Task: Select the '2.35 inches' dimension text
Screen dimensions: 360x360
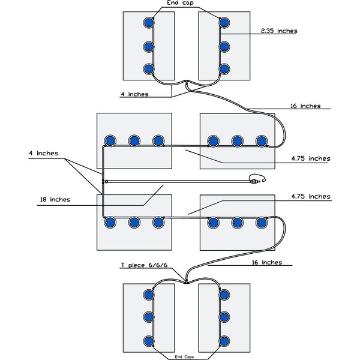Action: pyautogui.click(x=279, y=31)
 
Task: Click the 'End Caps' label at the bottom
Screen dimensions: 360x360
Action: pyautogui.click(x=186, y=356)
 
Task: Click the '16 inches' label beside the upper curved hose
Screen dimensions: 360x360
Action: pyautogui.click(x=305, y=106)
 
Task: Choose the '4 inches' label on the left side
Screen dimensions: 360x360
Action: pyautogui.click(x=43, y=154)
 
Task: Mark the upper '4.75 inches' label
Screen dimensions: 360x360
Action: pyautogui.click(x=310, y=158)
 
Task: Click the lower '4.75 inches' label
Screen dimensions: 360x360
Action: pyautogui.click(x=310, y=196)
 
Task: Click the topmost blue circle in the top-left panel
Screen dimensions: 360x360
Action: pyautogui.click(x=148, y=23)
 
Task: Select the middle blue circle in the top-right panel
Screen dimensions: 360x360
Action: pyautogui.click(x=224, y=46)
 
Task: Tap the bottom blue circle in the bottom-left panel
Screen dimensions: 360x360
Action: pyautogui.click(x=148, y=341)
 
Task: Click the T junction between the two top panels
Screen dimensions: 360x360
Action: pyautogui.click(x=187, y=82)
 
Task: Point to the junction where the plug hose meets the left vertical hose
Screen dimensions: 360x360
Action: pyautogui.click(x=104, y=181)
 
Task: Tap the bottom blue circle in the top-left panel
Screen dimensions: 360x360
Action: pyautogui.click(x=148, y=68)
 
